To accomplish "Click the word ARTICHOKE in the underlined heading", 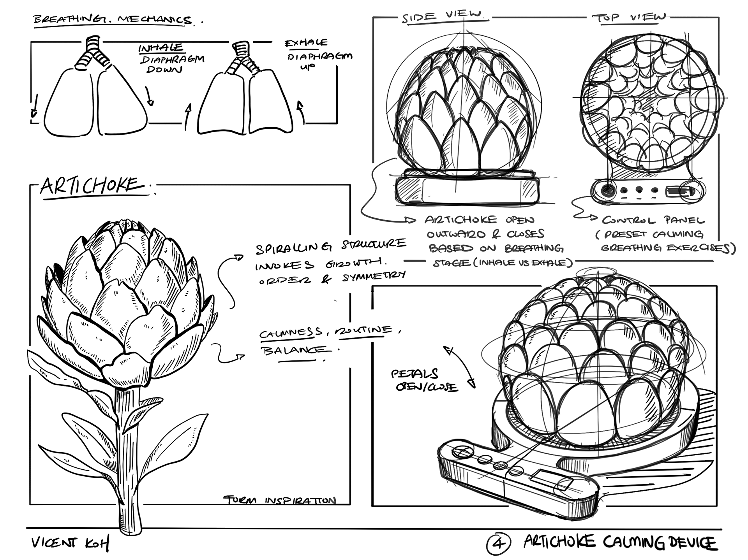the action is (x=90, y=186).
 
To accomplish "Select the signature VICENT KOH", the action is (x=70, y=543).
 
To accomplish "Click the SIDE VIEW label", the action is (x=442, y=16).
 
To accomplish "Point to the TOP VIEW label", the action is (x=629, y=17).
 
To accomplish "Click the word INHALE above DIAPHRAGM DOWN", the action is (x=161, y=48).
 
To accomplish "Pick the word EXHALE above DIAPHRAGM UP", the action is (x=306, y=42).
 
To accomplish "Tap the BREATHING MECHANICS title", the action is (x=113, y=20).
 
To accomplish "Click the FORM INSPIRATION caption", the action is (x=280, y=500).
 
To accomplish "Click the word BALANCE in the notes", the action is (x=295, y=350).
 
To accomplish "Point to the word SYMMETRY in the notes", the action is (x=374, y=277).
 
